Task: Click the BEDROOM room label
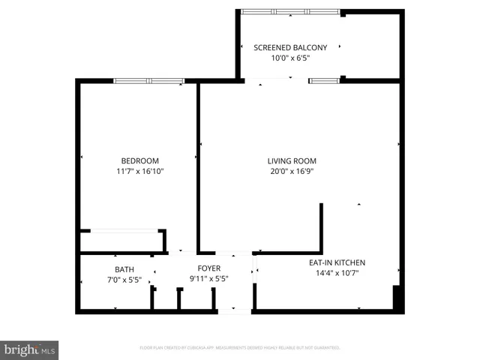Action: click(140, 160)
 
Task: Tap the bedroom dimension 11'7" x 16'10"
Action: click(140, 171)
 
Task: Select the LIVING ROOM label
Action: click(292, 160)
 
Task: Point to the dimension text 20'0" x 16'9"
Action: click(292, 171)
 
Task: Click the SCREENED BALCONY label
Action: click(290, 47)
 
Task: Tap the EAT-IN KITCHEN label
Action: click(337, 262)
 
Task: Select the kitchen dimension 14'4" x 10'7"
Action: click(337, 273)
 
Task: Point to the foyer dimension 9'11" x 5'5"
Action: click(208, 280)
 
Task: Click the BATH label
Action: click(124, 269)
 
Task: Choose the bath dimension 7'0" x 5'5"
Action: click(124, 280)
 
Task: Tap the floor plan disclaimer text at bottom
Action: click(240, 348)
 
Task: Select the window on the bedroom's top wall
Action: click(148, 81)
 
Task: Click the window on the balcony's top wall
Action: click(290, 12)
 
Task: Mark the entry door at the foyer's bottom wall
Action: click(235, 310)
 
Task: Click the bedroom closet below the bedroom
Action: click(122, 241)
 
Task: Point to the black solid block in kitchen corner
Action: click(398, 298)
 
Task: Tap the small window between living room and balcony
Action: click(324, 80)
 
